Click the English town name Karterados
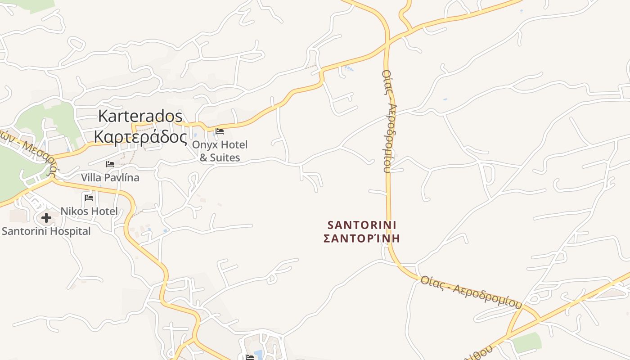140,116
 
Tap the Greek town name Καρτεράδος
140,137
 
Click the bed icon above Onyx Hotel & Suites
220,131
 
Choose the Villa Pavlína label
110,178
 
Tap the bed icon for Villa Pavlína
110,164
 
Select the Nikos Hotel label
89,211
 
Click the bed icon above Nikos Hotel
89,198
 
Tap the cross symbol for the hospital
46,218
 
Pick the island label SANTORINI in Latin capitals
362,225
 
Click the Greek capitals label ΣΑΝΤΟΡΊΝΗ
362,238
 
